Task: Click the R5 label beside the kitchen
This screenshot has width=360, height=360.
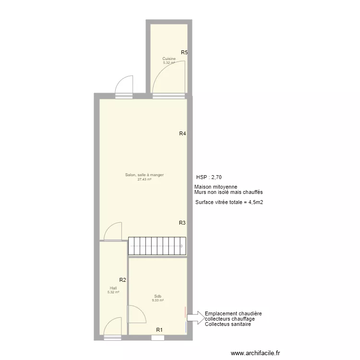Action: pyautogui.click(x=184, y=53)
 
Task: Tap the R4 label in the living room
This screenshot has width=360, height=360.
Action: pyautogui.click(x=182, y=134)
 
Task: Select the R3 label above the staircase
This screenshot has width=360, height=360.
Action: pyautogui.click(x=182, y=223)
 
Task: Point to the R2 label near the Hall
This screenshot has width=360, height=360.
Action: pyautogui.click(x=122, y=280)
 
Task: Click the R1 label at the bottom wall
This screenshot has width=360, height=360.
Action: pyautogui.click(x=159, y=330)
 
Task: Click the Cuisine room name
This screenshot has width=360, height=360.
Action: pyautogui.click(x=169, y=59)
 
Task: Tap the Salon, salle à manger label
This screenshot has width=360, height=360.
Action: pyautogui.click(x=144, y=175)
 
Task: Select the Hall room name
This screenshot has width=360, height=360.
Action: pyautogui.click(x=113, y=288)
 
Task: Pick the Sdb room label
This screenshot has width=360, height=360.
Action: pyautogui.click(x=158, y=296)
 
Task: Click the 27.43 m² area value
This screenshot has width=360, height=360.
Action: pyautogui.click(x=144, y=180)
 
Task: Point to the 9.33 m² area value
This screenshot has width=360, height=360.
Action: pyautogui.click(x=158, y=300)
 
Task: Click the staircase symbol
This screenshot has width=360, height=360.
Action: pyautogui.click(x=157, y=246)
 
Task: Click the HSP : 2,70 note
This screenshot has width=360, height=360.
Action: pyautogui.click(x=209, y=177)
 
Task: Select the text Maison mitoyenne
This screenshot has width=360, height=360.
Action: pyautogui.click(x=216, y=187)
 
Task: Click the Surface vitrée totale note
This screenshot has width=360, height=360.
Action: pyautogui.click(x=229, y=203)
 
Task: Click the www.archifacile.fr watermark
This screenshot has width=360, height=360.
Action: pyautogui.click(x=255, y=353)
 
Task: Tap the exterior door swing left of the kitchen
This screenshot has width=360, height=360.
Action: pyautogui.click(x=124, y=85)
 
